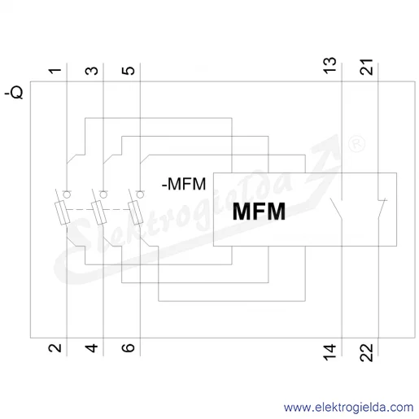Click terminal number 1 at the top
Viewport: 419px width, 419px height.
55,71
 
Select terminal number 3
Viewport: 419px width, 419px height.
92,71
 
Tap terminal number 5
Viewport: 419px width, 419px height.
129,71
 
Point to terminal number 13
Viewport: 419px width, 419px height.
330,65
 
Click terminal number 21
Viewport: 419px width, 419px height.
366,67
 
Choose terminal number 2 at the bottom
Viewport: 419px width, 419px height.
55,348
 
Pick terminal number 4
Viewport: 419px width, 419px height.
92,348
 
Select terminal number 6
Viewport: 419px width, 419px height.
129,348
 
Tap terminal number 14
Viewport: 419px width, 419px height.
330,352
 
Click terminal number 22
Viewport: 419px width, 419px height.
366,352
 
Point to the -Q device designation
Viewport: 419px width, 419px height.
14,93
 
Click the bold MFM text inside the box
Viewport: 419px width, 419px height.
259,212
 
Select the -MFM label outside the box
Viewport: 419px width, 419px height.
184,184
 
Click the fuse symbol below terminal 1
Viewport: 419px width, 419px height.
63,213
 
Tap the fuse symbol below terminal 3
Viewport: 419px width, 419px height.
99,213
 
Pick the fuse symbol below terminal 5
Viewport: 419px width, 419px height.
136,213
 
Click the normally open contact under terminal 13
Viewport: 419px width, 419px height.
337,209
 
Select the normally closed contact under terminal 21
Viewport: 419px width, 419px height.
382,209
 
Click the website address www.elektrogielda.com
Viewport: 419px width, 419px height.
349,408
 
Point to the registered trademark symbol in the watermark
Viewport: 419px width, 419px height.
356,143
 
